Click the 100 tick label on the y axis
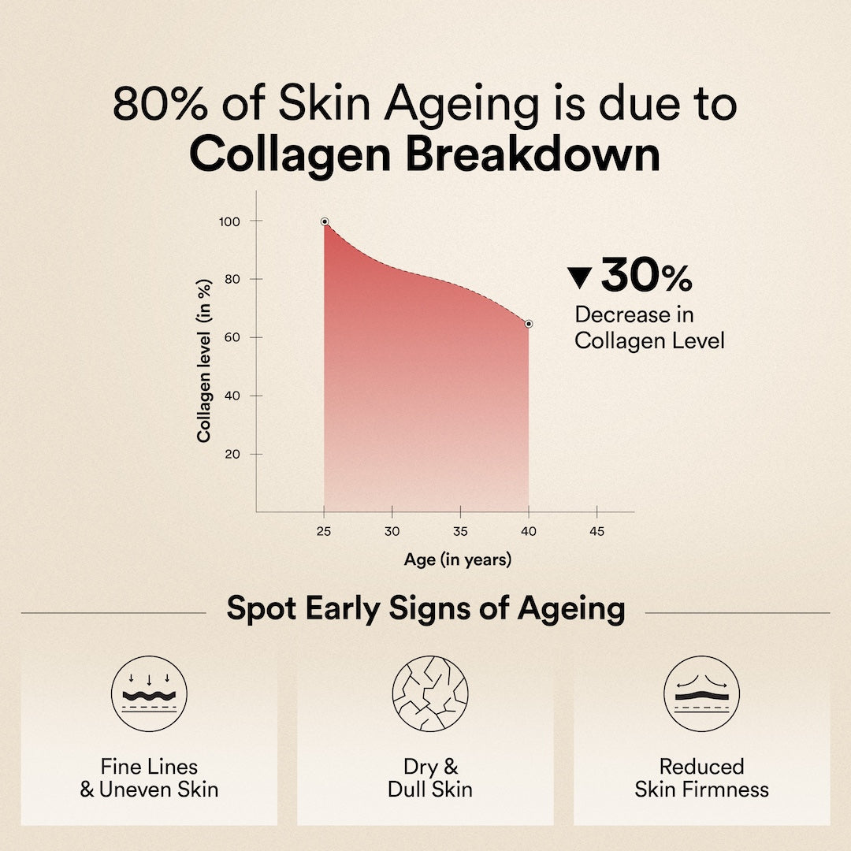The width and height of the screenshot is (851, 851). (x=229, y=221)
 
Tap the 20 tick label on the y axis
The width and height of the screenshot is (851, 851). (x=232, y=455)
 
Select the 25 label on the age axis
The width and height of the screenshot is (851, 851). (x=324, y=531)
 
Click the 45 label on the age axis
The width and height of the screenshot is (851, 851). (x=596, y=531)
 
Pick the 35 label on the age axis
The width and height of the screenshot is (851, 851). (x=460, y=531)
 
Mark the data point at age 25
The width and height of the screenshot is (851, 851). (x=325, y=221)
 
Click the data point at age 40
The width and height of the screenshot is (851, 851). (x=529, y=324)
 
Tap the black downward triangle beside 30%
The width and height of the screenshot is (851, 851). (x=579, y=277)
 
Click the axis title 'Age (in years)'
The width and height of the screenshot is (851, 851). (x=458, y=559)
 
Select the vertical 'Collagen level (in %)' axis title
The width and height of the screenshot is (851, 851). (x=204, y=361)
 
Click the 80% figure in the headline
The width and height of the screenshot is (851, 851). (x=160, y=103)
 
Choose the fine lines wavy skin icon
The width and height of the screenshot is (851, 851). (x=149, y=693)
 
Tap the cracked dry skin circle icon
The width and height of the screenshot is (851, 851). (x=430, y=693)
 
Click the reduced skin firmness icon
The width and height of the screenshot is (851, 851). (x=702, y=693)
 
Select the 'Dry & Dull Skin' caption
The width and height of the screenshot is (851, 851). (x=430, y=778)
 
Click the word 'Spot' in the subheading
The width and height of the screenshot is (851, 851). (x=262, y=609)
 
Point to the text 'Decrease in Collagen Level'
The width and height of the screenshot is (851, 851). (x=649, y=328)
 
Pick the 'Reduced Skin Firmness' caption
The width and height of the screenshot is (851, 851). (x=702, y=778)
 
